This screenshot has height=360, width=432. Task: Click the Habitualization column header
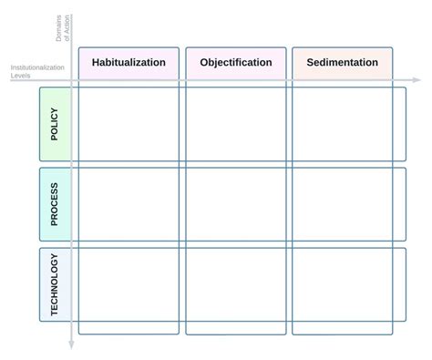tap(129, 63)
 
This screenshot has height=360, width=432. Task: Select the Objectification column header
tap(235, 63)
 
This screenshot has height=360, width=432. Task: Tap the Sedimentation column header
tap(342, 63)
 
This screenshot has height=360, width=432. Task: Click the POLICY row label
tap(55, 124)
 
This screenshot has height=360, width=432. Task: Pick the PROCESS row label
tap(55, 204)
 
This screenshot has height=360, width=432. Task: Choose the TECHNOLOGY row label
tap(55, 284)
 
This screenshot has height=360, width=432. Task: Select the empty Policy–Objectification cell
tap(237, 124)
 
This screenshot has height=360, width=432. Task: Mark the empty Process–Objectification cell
tap(237, 204)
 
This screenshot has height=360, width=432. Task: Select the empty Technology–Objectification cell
tap(237, 284)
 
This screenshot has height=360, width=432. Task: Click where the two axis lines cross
tap(72, 81)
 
